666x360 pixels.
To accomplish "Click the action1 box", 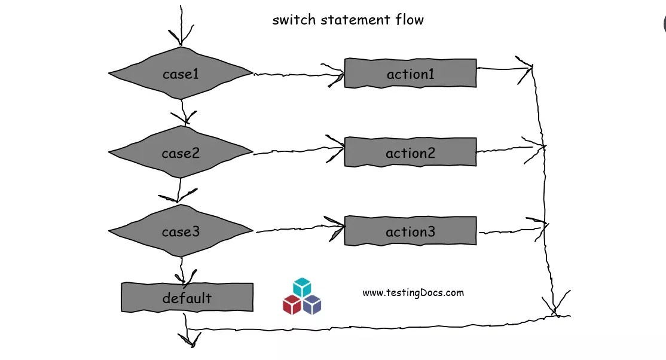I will click(x=410, y=74).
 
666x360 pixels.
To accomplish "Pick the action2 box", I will click(x=410, y=153).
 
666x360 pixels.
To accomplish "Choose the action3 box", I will click(x=410, y=231).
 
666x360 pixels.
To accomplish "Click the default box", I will click(x=187, y=297).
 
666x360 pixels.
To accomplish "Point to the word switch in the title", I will click(x=294, y=20).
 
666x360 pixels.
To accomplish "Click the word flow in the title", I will click(x=410, y=20).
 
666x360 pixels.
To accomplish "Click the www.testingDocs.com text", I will click(x=413, y=292).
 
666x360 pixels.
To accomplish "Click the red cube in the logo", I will click(x=292, y=304).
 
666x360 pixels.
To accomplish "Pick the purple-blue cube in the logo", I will click(x=312, y=304).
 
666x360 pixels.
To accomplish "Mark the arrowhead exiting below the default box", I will click(x=190, y=341).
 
